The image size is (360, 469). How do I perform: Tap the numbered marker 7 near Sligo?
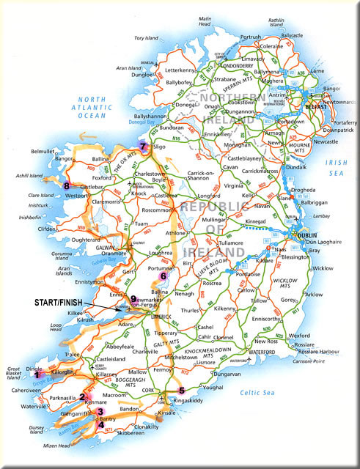pos(142,146)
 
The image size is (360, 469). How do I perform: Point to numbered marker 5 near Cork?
pos(182,391)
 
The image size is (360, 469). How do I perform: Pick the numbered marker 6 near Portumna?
pos(163,276)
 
